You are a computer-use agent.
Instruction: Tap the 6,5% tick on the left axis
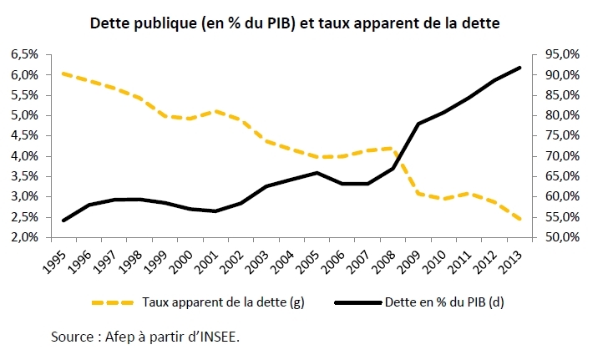(23, 54)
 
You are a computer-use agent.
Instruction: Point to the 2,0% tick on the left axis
(23, 237)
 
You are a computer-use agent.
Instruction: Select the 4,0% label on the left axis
(23, 156)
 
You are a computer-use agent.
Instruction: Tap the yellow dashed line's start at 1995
(63, 74)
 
